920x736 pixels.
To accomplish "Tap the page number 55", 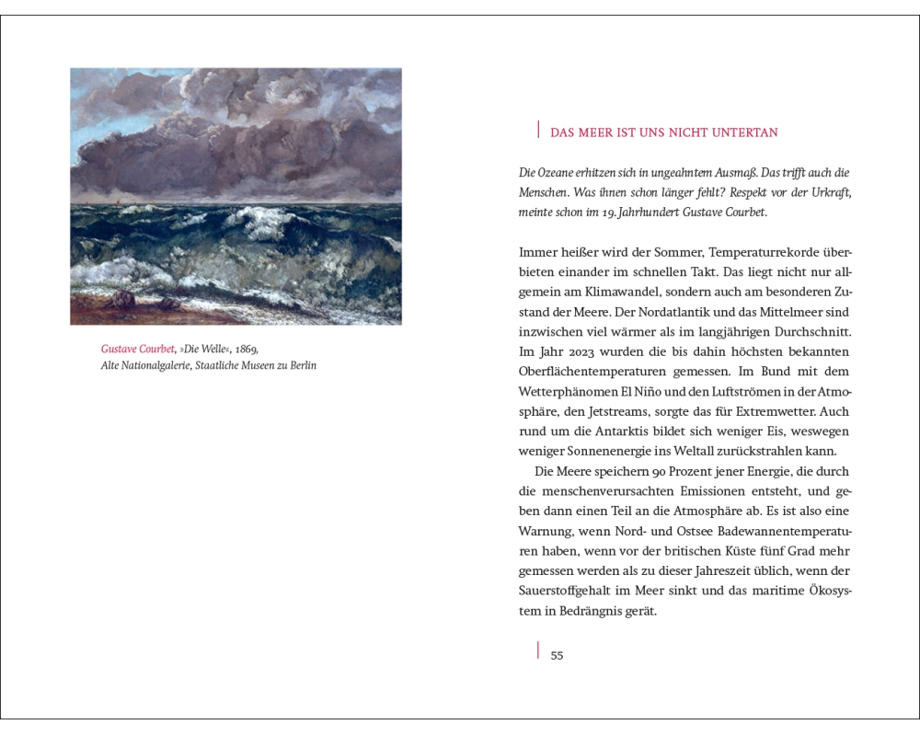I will pos(557,656).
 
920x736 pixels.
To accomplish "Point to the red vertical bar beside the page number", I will pos(537,651).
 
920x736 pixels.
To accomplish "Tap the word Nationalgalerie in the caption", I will pos(158,366).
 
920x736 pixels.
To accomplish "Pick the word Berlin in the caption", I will pos(301,366).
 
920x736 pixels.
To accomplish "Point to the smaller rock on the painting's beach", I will pos(170,302).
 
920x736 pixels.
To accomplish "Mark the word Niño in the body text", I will pos(666,393).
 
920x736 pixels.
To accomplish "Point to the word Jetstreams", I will pos(635,413).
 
